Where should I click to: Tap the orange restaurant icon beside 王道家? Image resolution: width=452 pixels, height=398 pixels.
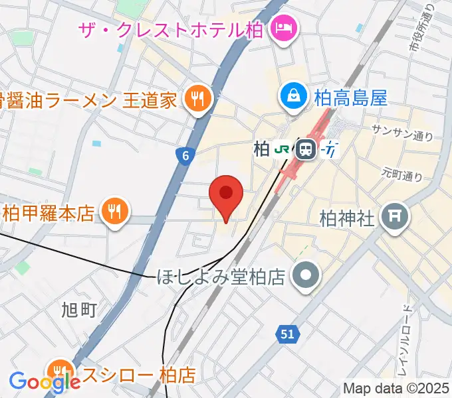click(x=198, y=99)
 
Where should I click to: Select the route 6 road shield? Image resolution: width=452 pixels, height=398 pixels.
click(x=186, y=155)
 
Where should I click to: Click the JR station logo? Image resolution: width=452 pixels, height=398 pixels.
click(x=283, y=149)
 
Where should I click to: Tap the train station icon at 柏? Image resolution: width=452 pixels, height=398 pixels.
click(x=306, y=149)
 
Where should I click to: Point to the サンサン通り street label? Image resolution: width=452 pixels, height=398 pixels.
click(x=403, y=131)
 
